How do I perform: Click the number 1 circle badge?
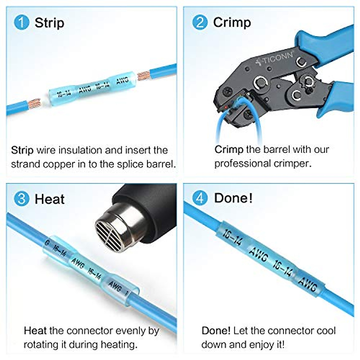tap(21, 23)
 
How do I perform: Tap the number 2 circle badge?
tap(200, 22)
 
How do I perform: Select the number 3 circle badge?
tap(21, 199)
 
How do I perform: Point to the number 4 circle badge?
tap(200, 198)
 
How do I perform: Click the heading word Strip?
tap(49, 23)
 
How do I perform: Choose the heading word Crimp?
tap(232, 23)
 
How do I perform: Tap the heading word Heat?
tap(49, 199)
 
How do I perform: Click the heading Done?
tap(233, 198)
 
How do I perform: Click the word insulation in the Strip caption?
tap(80, 150)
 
